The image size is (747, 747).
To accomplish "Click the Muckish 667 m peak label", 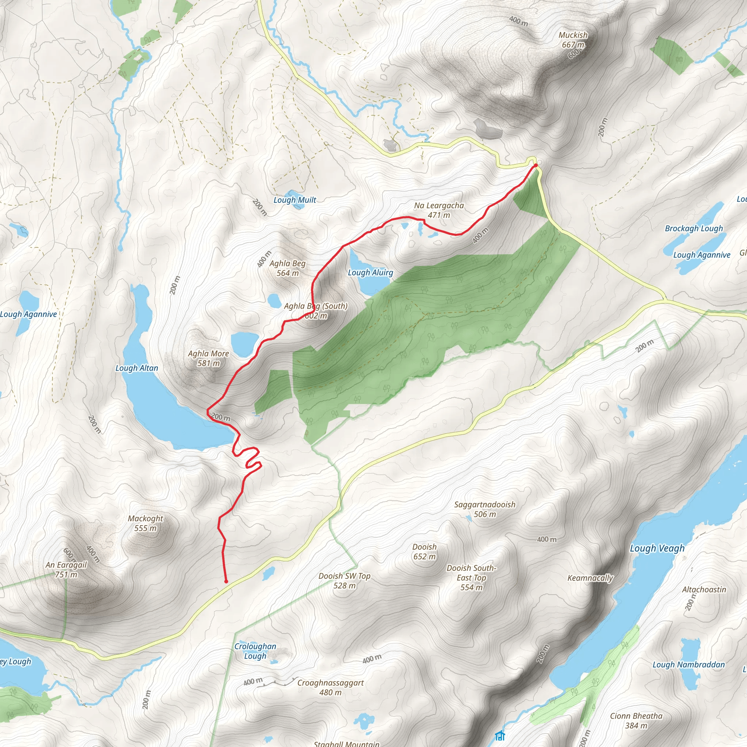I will (x=573, y=40).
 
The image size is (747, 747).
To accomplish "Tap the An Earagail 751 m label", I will (x=66, y=569).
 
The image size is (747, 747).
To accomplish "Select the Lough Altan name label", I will (x=137, y=368).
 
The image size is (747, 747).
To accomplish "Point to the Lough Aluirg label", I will (x=371, y=272).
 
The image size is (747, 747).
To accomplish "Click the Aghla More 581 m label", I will (x=208, y=358).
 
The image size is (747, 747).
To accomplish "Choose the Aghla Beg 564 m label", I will (x=288, y=268).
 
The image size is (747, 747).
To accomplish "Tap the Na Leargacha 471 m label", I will (x=439, y=210).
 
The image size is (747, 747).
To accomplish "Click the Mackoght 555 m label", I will (x=146, y=523).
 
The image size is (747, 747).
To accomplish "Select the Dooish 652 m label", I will (x=424, y=551).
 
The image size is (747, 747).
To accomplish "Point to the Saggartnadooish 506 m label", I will (x=484, y=509).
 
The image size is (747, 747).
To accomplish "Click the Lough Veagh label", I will (x=657, y=548).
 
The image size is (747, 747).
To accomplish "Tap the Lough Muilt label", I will (x=295, y=200).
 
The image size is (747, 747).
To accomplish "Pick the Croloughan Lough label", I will (x=255, y=651).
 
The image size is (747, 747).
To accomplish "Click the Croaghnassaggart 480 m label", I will (x=330, y=688).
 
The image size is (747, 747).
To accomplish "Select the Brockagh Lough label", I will (x=694, y=228).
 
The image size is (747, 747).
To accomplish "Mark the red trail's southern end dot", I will (x=226, y=581).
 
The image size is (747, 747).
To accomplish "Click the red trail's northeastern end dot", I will (x=535, y=165).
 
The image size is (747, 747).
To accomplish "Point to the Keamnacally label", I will (x=590, y=578).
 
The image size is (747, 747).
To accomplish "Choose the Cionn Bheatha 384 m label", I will (x=636, y=721).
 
